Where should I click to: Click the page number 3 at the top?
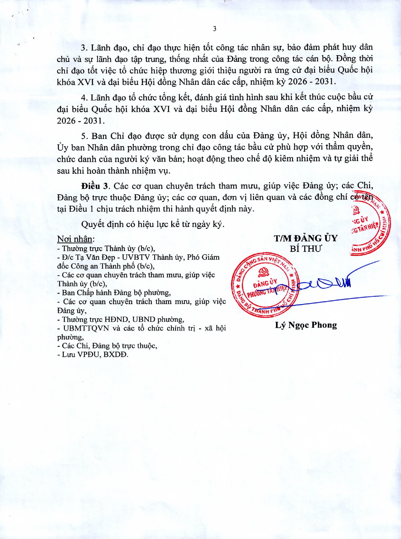point(215,29)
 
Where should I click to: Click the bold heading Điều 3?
point(95,186)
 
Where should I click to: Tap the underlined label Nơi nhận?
point(76,239)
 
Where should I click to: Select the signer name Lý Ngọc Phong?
point(306,325)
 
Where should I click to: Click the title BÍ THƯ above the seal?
point(306,249)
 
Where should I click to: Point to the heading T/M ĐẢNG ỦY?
point(306,238)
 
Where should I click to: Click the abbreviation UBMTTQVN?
point(86,328)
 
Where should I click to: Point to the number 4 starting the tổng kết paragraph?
point(84,97)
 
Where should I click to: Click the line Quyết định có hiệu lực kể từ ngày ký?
point(153,224)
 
